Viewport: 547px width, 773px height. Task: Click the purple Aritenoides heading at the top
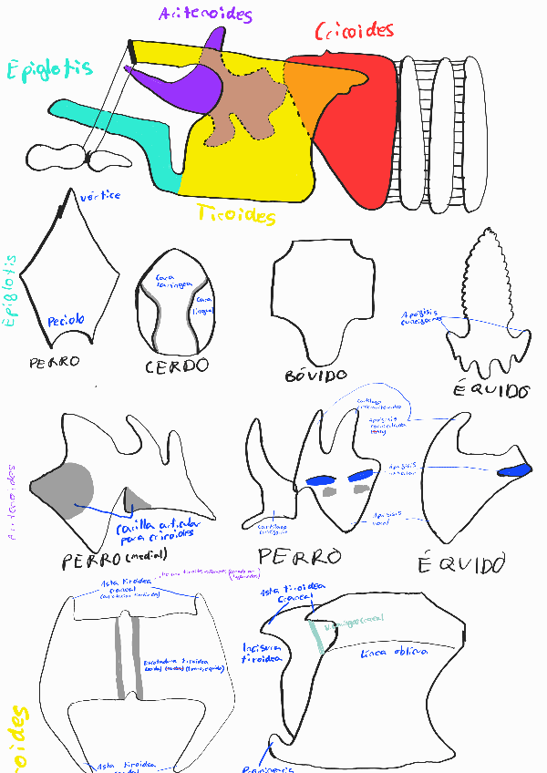205,14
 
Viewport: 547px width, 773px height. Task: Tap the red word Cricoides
354,32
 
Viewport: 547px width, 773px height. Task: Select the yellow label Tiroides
235,216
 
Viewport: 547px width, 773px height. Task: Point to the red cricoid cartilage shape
360,137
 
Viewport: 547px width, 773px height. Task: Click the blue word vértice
99,195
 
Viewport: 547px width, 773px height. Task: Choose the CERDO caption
177,366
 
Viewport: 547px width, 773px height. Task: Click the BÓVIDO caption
315,375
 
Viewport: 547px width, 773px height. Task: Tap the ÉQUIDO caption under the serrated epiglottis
491,391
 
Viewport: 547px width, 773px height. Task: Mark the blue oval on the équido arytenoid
515,470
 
